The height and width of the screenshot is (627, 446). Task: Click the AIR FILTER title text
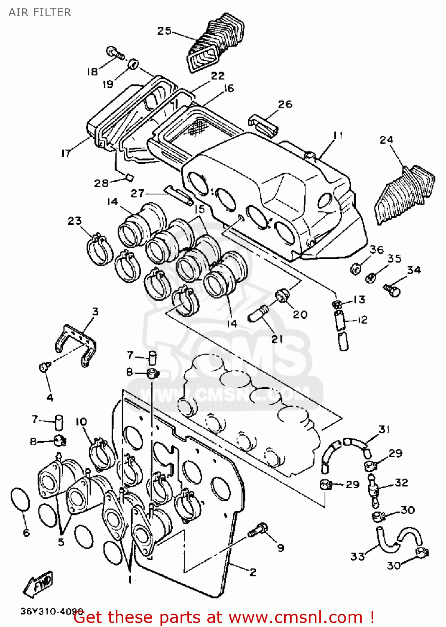click(40, 13)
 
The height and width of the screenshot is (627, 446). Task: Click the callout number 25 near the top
click(164, 31)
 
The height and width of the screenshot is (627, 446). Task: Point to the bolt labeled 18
click(114, 53)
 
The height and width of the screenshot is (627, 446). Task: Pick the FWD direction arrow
click(38, 584)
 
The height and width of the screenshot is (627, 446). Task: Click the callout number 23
click(74, 221)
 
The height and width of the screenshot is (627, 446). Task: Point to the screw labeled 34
click(392, 289)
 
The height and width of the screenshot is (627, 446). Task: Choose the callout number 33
click(357, 556)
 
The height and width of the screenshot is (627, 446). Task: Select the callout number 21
click(277, 339)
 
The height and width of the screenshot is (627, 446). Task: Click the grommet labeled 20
click(282, 296)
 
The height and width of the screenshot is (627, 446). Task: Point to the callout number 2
click(252, 572)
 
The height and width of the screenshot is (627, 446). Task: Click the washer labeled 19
click(133, 64)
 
